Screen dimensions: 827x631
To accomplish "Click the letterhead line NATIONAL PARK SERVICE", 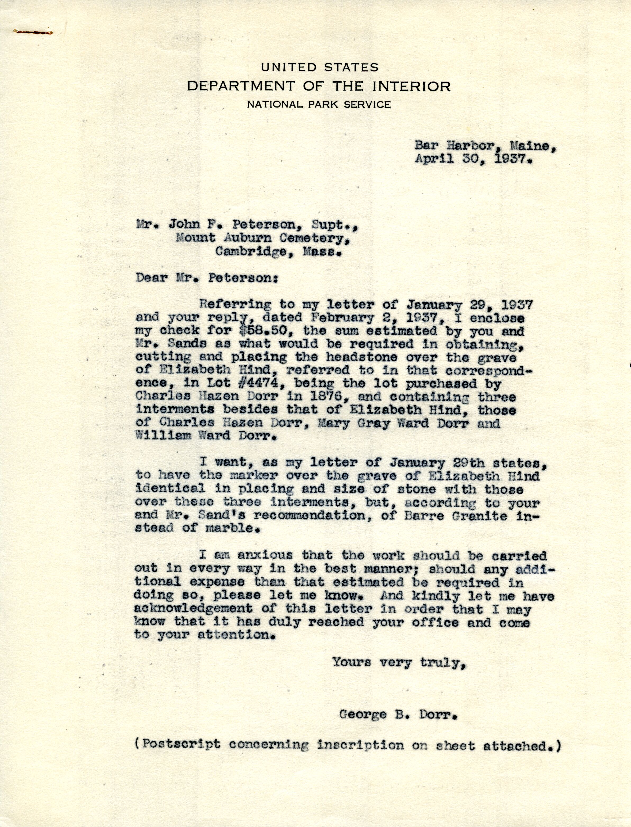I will click(x=319, y=105).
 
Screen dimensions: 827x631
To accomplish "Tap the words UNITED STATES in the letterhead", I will click(x=319, y=68).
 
